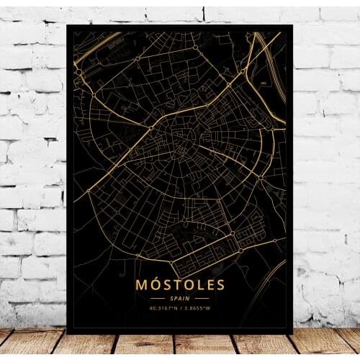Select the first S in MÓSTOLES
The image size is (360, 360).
(168, 284)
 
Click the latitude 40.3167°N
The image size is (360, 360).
(163, 307)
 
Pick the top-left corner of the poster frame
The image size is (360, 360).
(67, 25)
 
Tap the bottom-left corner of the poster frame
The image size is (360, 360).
(67, 333)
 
